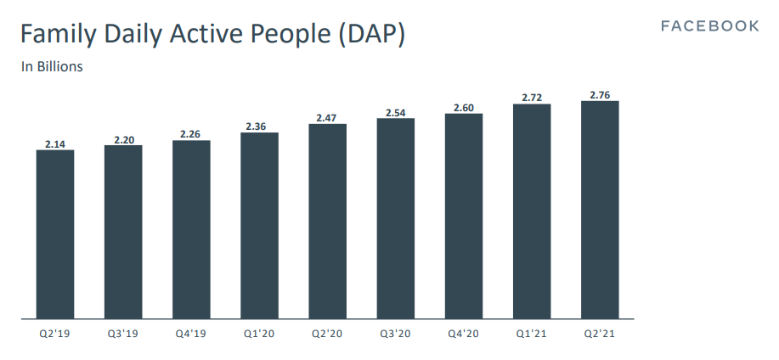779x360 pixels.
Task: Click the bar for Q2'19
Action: pos(55,234)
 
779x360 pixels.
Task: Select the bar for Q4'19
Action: pos(191,229)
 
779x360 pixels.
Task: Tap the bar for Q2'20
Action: pos(327,222)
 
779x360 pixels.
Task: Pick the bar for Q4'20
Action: pos(464,217)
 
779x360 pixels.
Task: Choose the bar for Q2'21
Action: pos(600,210)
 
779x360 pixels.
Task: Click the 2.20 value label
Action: pos(123,138)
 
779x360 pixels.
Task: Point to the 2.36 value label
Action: pos(259,127)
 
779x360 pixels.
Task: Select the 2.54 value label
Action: pos(396,112)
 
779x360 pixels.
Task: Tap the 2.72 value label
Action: pos(532,98)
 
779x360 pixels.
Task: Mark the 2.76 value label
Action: pos(600,94)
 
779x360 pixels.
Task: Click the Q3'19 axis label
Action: pos(123,333)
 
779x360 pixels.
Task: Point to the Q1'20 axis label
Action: pos(259,333)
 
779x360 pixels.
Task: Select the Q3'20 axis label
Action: pos(396,333)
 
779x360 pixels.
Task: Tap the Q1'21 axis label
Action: pos(532,333)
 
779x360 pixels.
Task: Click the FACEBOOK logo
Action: pos(709,26)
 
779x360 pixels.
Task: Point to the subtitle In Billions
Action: pos(52,66)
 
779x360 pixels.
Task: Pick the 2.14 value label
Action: pos(55,144)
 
